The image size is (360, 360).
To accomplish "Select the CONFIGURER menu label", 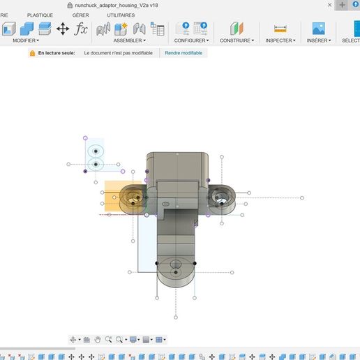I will pyautogui.click(x=190, y=40).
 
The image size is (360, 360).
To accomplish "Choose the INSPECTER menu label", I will pyautogui.click(x=279, y=40).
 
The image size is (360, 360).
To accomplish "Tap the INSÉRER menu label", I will pyautogui.click(x=319, y=40).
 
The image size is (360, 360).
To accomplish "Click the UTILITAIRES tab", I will pyautogui.click(x=121, y=15).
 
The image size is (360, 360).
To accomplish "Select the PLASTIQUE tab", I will pyautogui.click(x=40, y=15).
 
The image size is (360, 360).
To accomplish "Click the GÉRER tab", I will pyautogui.click(x=80, y=15).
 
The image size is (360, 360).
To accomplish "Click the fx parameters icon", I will pyautogui.click(x=82, y=29).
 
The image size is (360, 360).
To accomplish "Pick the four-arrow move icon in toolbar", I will pyautogui.click(x=63, y=29).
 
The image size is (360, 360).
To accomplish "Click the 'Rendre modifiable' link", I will pyautogui.click(x=183, y=53).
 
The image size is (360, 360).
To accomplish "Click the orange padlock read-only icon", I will pyautogui.click(x=32, y=53).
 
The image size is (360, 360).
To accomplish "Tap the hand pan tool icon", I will pyautogui.click(x=98, y=340).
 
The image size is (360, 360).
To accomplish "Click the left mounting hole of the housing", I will pyautogui.click(x=131, y=197).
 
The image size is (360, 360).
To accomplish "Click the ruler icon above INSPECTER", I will pyautogui.click(x=280, y=29).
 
